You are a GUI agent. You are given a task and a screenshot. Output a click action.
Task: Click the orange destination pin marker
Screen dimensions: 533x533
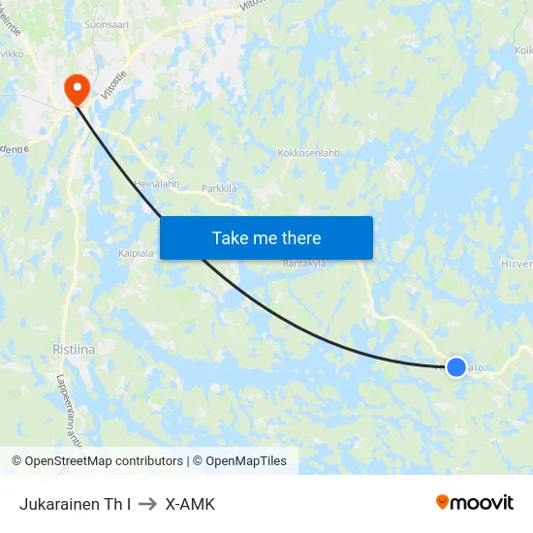tap(76, 90)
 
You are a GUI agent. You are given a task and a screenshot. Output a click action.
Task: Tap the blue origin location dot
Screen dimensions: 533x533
tap(456, 367)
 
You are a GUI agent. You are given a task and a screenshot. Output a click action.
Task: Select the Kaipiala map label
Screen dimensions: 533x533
tap(136, 253)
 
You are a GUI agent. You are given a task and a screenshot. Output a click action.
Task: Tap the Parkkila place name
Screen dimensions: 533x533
tap(219, 188)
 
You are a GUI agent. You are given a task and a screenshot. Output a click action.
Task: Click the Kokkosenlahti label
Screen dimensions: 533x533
tap(308, 153)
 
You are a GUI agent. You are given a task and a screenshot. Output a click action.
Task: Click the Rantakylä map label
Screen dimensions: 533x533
tap(304, 263)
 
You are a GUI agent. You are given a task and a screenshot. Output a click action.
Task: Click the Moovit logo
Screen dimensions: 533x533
tap(475, 503)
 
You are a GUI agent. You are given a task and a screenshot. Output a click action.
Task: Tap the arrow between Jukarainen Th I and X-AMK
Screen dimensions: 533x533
tap(148, 504)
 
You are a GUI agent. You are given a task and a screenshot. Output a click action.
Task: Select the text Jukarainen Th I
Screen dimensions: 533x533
tap(75, 504)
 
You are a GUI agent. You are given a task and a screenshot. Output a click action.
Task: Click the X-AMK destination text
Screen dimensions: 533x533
tap(190, 504)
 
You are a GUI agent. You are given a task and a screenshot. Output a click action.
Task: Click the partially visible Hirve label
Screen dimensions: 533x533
tap(517, 263)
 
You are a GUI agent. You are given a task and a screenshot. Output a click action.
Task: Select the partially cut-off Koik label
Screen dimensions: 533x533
tap(523, 50)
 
